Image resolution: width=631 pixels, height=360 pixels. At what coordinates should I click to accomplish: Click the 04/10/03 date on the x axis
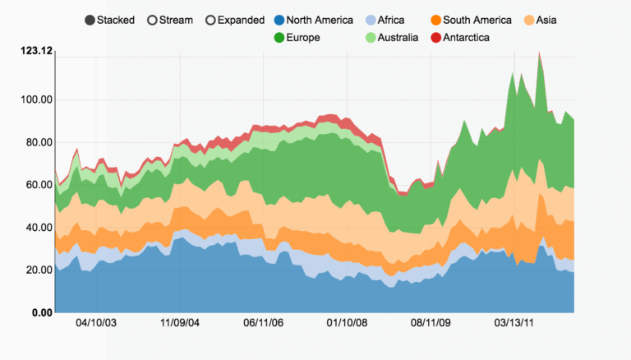96,323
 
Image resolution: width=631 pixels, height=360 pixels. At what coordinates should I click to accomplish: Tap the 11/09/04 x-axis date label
180,323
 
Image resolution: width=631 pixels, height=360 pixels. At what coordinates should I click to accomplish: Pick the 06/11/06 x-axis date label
263,323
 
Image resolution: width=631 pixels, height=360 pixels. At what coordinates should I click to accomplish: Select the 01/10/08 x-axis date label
346,323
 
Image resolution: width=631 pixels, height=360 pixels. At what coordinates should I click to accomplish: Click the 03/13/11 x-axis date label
513,323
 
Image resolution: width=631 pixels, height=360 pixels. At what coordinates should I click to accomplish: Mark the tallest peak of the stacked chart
539,53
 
